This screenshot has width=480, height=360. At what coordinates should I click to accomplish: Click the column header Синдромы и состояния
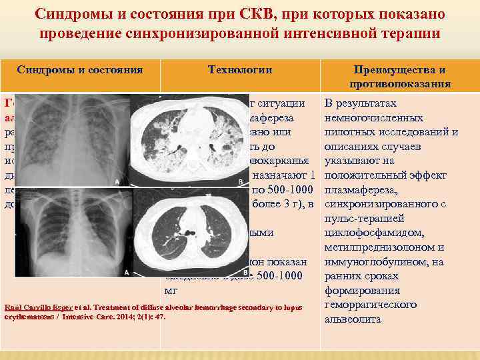click(x=80, y=69)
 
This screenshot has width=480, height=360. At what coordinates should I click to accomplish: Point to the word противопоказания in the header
click(x=400, y=83)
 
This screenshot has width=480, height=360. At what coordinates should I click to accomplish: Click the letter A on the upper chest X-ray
click(x=118, y=181)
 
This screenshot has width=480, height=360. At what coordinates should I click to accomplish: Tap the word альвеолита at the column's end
click(x=353, y=319)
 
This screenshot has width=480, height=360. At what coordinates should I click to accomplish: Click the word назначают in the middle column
click(x=283, y=175)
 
